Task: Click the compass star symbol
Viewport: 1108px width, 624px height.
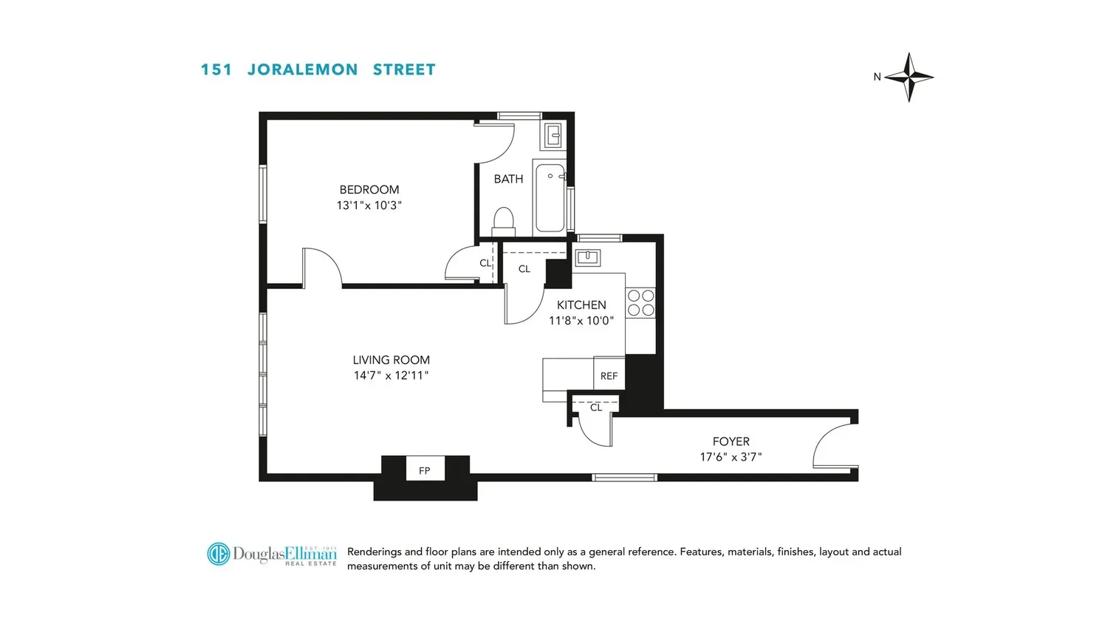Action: tap(909, 77)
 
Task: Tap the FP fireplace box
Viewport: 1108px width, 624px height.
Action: tap(425, 468)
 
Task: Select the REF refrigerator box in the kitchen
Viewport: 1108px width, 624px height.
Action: tap(609, 373)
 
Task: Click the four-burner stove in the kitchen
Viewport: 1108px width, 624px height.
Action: tap(640, 303)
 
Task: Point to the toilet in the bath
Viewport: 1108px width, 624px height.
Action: tap(504, 222)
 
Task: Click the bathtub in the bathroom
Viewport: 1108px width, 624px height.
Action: tap(550, 197)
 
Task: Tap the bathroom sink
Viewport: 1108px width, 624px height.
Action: tap(553, 135)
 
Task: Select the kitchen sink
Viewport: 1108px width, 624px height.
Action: tap(588, 257)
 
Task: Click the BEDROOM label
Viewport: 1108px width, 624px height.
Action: tap(369, 190)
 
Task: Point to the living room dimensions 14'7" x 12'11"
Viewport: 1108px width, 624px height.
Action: tap(391, 376)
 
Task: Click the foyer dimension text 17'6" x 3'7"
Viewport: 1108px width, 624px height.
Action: tap(731, 457)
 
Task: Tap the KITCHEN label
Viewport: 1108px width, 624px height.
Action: tap(581, 305)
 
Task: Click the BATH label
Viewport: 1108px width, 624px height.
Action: tap(508, 179)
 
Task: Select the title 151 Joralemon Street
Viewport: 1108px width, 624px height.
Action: tap(318, 69)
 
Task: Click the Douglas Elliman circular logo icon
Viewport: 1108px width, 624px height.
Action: tap(219, 554)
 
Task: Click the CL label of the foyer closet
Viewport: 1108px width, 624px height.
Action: tap(596, 407)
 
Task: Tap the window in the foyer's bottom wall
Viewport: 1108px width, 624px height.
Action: tap(625, 478)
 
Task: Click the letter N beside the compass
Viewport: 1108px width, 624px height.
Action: tap(877, 77)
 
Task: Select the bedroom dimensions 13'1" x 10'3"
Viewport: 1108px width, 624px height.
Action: tap(369, 205)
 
